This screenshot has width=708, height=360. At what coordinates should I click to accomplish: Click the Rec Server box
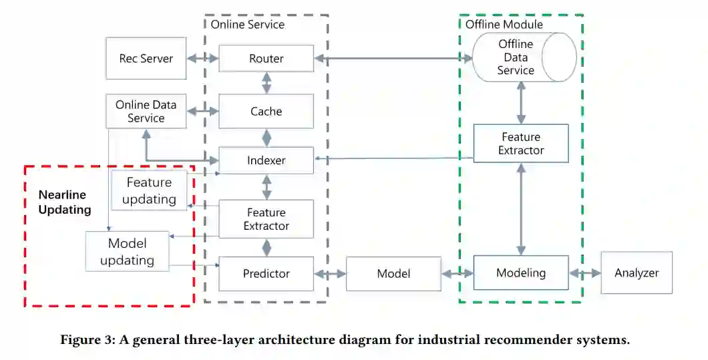(x=146, y=59)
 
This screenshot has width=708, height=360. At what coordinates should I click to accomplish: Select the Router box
(x=266, y=59)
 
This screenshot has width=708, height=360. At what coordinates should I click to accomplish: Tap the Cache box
(x=266, y=112)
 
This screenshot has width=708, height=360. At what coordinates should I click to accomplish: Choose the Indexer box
(x=266, y=160)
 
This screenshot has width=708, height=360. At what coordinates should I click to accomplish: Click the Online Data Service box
(x=146, y=112)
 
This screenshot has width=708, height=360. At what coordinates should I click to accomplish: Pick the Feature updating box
(x=149, y=190)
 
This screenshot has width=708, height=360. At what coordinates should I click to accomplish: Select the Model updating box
(x=127, y=251)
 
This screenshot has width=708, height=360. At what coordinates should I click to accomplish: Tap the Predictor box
(x=266, y=273)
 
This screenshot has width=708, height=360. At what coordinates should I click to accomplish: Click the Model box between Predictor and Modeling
(x=393, y=273)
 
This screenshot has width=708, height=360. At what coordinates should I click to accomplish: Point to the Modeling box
(x=521, y=273)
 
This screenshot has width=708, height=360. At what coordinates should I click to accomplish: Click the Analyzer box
(x=637, y=273)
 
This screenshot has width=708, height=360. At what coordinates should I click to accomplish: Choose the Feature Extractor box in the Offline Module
(x=521, y=144)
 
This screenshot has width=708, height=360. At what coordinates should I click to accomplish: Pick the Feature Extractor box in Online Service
(x=266, y=219)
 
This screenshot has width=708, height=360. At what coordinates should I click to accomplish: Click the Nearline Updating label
(x=64, y=202)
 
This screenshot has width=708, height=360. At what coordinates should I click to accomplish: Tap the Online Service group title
(x=247, y=25)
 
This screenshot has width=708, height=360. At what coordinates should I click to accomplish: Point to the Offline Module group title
(x=504, y=25)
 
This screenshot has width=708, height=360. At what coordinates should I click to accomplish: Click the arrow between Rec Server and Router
(x=202, y=59)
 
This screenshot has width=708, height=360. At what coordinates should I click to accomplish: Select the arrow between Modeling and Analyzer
(x=584, y=274)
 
